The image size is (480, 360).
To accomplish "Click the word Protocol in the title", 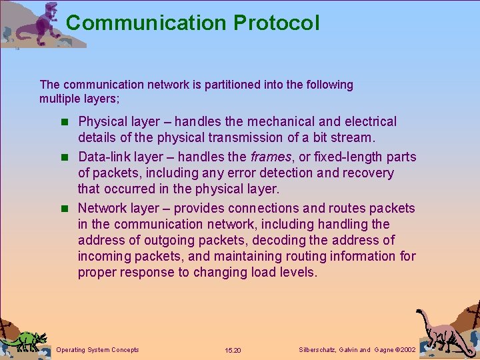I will pyautogui.click(x=276, y=23).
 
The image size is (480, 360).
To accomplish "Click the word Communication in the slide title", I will pyautogui.click(x=146, y=23).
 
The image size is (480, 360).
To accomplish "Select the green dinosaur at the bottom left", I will pyautogui.click(x=25, y=340).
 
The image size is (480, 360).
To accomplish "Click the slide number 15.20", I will pyautogui.click(x=233, y=351).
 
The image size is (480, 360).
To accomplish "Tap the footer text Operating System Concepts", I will pyautogui.click(x=98, y=350).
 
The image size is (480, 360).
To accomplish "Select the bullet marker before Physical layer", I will pyautogui.click(x=64, y=122).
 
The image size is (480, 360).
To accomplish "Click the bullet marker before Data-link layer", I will pyautogui.click(x=64, y=157).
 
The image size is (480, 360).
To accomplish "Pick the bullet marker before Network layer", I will pyautogui.click(x=64, y=209).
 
